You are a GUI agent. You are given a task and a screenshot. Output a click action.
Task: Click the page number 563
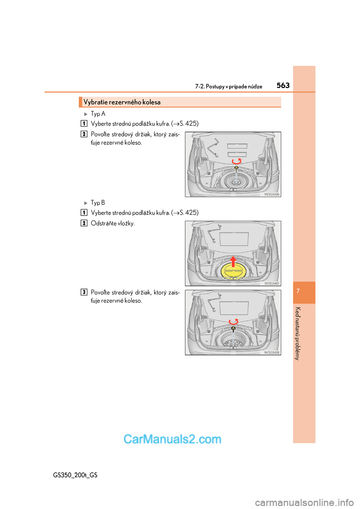(283, 86)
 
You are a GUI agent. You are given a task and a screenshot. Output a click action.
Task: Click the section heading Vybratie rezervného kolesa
(122, 102)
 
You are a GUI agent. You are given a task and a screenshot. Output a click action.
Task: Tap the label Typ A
(98, 114)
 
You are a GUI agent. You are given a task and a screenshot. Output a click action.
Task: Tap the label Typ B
(98, 202)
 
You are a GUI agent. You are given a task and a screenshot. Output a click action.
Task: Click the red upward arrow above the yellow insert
(233, 261)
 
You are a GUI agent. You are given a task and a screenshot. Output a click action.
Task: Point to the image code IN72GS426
(272, 194)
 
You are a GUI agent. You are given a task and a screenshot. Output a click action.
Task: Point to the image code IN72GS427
(272, 283)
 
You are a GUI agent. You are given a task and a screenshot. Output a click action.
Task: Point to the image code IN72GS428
(272, 352)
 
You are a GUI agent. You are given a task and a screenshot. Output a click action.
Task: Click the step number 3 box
(84, 292)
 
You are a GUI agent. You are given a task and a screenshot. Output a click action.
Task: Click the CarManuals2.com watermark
(172, 439)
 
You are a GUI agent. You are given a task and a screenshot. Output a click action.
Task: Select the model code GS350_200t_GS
(75, 475)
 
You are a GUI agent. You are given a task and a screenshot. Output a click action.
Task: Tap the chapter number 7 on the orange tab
(298, 291)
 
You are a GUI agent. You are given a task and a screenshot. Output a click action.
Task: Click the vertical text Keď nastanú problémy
(298, 333)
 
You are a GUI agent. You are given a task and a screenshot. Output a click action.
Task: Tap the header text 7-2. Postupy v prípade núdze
(228, 87)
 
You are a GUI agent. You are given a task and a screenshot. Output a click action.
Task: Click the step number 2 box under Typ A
(84, 134)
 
